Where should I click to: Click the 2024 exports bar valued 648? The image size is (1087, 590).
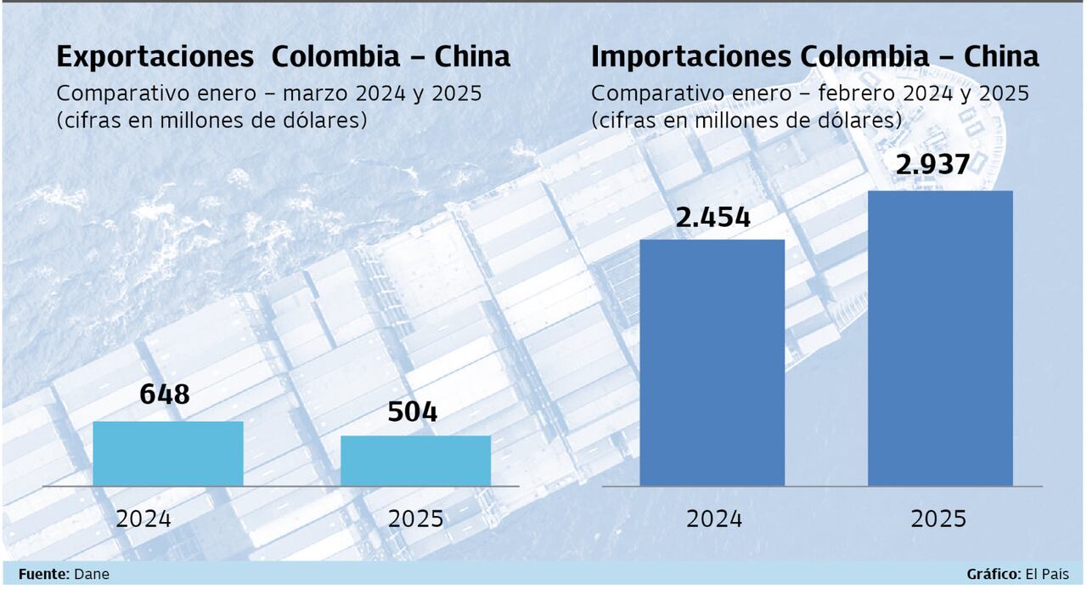click(168, 454)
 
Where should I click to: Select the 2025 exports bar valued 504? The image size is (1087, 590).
click(415, 461)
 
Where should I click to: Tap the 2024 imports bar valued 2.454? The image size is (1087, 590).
click(712, 363)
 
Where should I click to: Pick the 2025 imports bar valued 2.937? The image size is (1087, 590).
click(940, 338)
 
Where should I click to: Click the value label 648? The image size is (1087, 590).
click(164, 395)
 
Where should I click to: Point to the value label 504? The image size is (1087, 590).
click(413, 412)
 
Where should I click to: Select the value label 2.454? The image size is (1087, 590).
click(713, 218)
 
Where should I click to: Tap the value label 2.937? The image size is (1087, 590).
click(932, 165)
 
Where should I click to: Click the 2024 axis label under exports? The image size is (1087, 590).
click(144, 519)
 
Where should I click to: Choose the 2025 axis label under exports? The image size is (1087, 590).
click(415, 519)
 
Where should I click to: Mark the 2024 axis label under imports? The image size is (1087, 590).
click(714, 519)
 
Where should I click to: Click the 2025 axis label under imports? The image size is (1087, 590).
click(938, 519)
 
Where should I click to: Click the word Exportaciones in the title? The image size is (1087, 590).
click(155, 57)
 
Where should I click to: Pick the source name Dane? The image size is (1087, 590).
click(92, 575)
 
